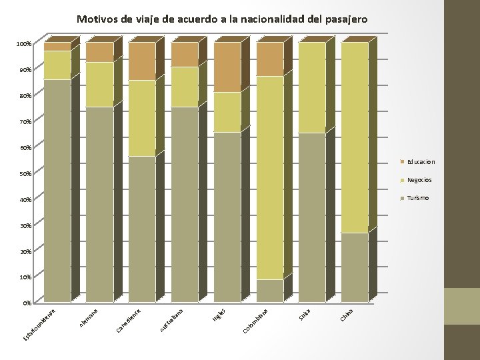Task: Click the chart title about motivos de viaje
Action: tap(222, 19)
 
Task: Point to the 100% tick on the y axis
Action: tap(24, 44)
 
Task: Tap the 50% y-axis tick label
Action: tap(25, 174)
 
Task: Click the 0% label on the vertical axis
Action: tap(27, 303)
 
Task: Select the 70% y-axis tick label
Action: tap(25, 122)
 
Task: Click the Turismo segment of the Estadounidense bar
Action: tap(57, 190)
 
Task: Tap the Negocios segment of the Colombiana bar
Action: tap(270, 177)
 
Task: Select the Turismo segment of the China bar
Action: tap(355, 267)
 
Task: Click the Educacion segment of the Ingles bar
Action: tap(227, 67)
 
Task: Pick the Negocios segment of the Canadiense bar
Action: tap(142, 118)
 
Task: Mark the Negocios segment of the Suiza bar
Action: tap(312, 87)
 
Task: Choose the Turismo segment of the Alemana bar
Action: tap(100, 203)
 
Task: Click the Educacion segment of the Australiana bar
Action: tap(185, 54)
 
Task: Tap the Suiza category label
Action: tap(305, 311)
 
